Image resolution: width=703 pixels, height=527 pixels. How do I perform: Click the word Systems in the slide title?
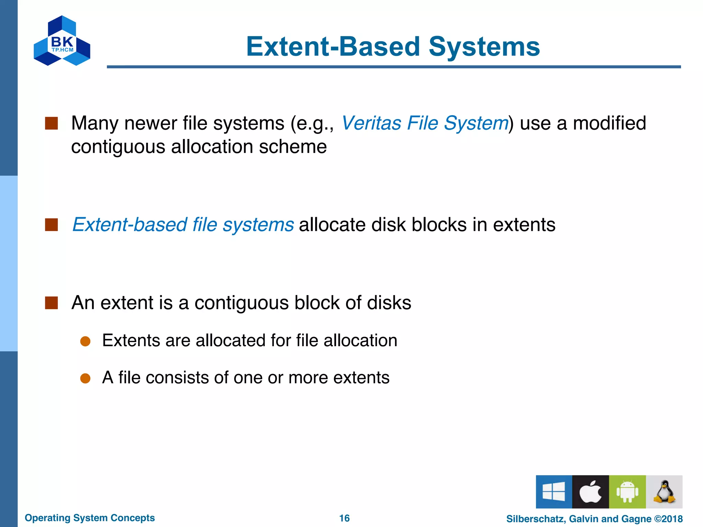[484, 47]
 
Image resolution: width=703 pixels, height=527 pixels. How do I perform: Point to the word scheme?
[292, 147]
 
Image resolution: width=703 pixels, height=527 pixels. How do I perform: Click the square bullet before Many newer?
[51, 123]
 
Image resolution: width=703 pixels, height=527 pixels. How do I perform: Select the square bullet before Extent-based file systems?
[51, 225]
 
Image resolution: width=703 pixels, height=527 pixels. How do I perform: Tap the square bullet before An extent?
[51, 303]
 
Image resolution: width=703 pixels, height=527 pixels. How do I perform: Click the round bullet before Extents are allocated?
[85, 341]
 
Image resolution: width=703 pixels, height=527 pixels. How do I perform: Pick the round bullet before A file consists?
[85, 378]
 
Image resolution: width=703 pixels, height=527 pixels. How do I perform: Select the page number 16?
[344, 518]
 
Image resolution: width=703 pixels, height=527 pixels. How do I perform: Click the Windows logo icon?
[554, 492]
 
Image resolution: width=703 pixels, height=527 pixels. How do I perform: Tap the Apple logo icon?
[590, 492]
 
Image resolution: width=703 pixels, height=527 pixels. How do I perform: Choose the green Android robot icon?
[627, 492]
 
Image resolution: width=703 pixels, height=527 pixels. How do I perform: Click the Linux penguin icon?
[664, 492]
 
